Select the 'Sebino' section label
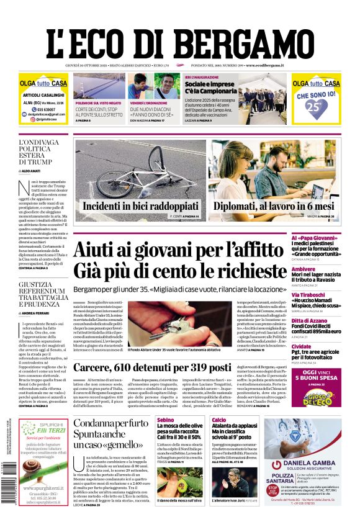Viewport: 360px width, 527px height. tap(166, 420)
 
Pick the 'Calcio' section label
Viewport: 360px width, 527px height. tap(219, 420)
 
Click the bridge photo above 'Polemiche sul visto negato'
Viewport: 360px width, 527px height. tap(98, 86)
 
